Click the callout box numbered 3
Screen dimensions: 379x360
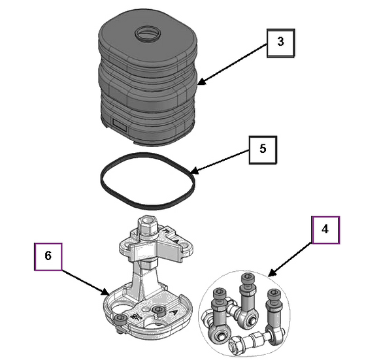(280, 43)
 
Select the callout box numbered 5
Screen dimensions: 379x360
(263, 150)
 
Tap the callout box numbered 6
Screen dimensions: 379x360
(48, 257)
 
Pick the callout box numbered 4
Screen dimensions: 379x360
(326, 230)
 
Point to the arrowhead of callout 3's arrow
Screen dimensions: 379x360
(201, 82)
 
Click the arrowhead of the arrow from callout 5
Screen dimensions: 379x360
(194, 171)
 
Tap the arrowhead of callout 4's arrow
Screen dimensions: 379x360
(272, 273)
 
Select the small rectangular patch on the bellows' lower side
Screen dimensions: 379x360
(120, 125)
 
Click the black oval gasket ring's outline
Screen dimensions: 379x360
(102, 180)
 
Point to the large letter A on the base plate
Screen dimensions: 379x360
(174, 313)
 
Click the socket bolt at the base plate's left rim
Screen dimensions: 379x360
(120, 321)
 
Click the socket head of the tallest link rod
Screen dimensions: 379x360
(248, 278)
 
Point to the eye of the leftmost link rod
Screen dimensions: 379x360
(221, 335)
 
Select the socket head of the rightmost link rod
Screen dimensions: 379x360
(274, 296)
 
